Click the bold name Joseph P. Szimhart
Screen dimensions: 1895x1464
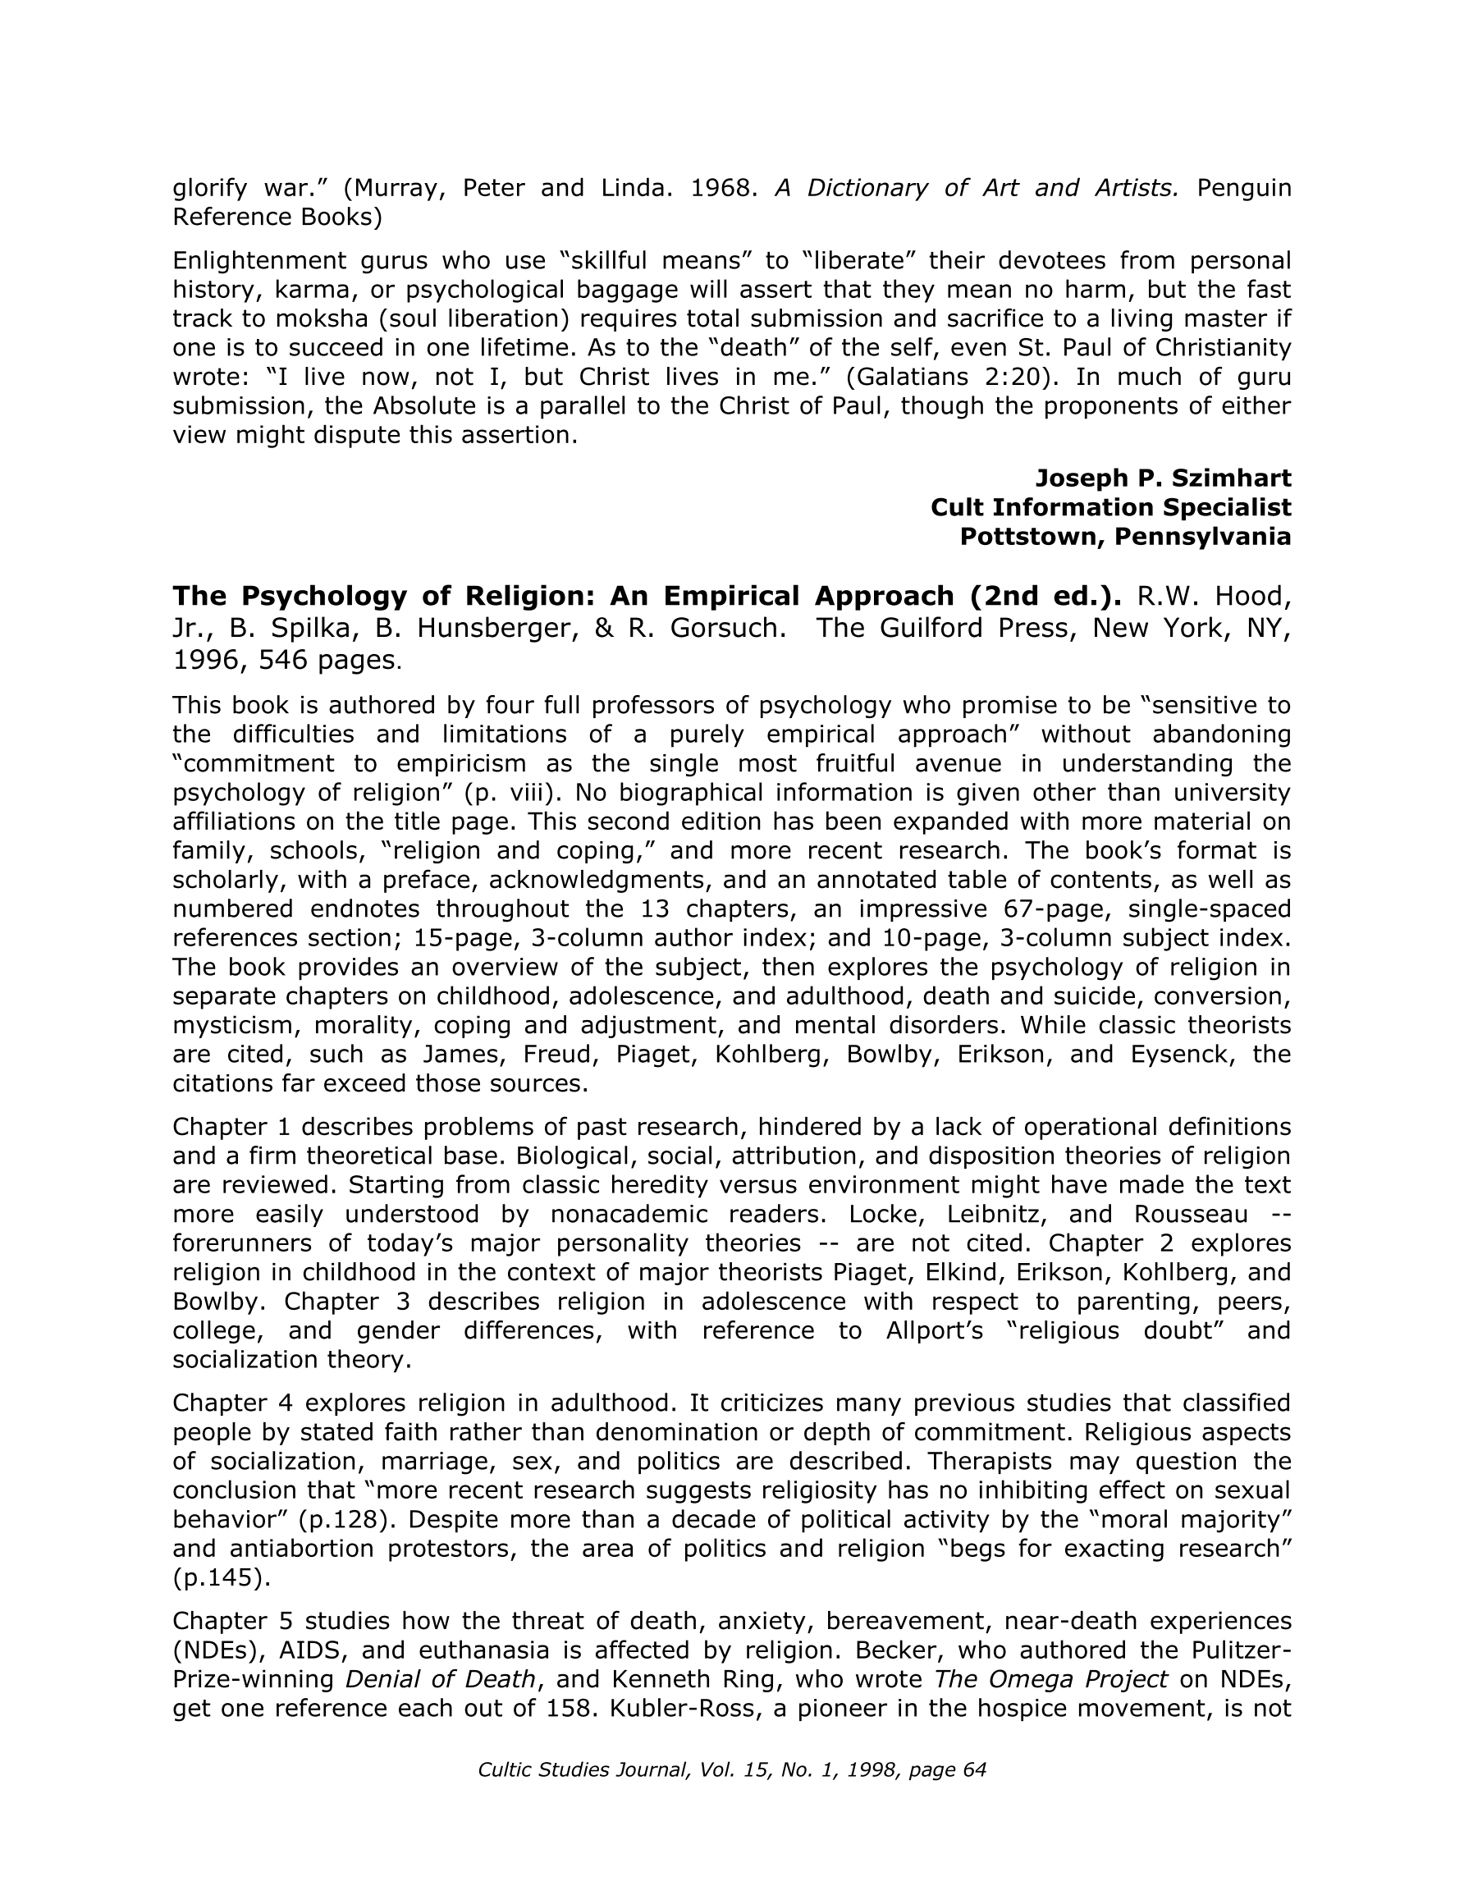pyautogui.click(x=1163, y=478)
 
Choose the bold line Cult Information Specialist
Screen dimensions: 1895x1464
pyautogui.click(x=1111, y=507)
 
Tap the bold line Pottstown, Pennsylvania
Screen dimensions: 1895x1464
pyautogui.click(x=1126, y=537)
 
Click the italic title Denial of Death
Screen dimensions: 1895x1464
pyautogui.click(x=440, y=1679)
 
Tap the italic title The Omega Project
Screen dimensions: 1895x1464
pyautogui.click(x=1051, y=1679)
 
